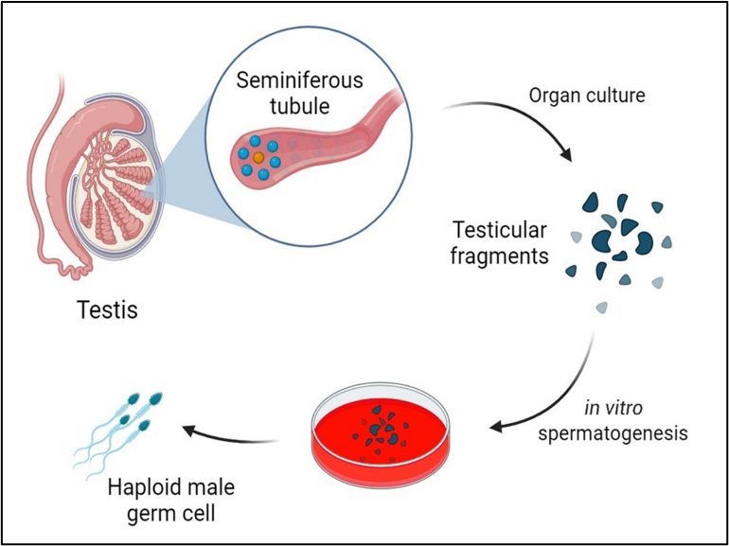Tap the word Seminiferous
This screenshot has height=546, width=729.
pyautogui.click(x=300, y=81)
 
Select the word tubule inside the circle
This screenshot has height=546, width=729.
pyautogui.click(x=300, y=106)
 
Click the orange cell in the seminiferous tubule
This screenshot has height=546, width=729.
pyautogui.click(x=258, y=157)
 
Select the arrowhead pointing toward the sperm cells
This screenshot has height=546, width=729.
pyautogui.click(x=189, y=432)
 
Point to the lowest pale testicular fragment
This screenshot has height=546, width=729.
pyautogui.click(x=601, y=307)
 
